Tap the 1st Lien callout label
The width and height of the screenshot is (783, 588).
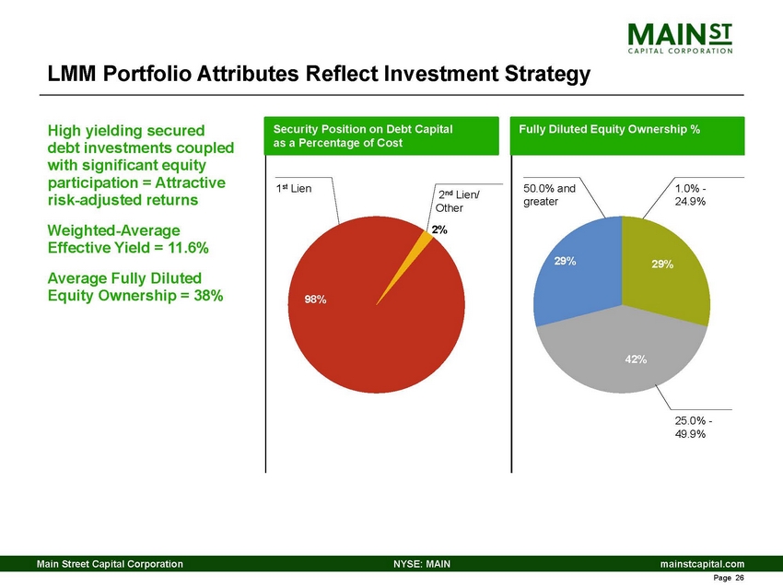[294, 189]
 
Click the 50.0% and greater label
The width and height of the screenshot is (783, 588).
[549, 195]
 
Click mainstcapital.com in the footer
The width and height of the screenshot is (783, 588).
[701, 562]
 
